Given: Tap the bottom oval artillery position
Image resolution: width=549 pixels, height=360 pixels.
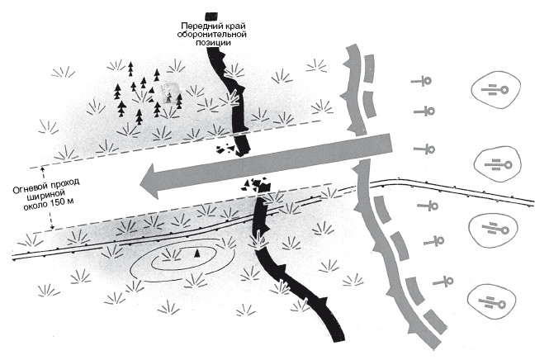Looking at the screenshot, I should coord(495,301).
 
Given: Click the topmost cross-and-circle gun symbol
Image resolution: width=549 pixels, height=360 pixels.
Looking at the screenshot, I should coord(424,81).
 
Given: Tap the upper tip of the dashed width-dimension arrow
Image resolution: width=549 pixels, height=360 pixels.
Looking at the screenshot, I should coord(52,147).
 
